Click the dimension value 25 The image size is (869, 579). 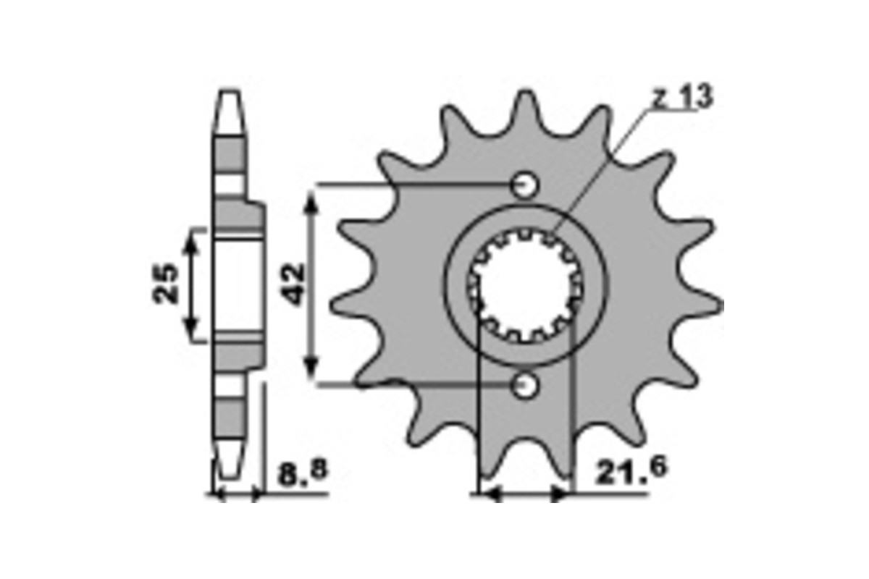pyautogui.click(x=166, y=284)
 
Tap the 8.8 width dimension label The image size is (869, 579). pyautogui.click(x=303, y=473)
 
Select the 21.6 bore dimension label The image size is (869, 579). pyautogui.click(x=631, y=470)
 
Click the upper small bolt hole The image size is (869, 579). pyautogui.click(x=525, y=185)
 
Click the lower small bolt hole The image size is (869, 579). pyautogui.click(x=525, y=385)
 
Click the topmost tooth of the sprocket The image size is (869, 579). pyautogui.click(x=526, y=112)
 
